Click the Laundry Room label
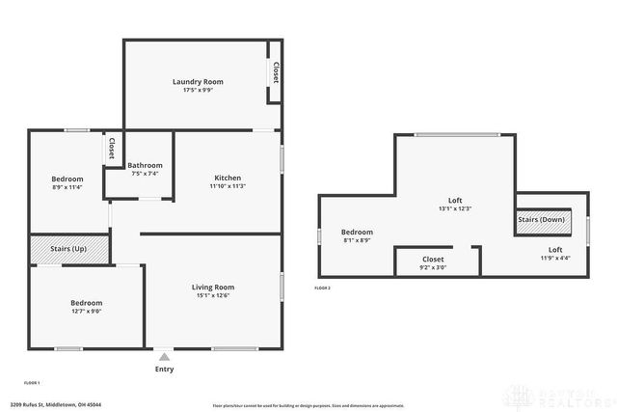(198, 81)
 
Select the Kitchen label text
(228, 178)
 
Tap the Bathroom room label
(146, 165)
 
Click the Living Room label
(212, 287)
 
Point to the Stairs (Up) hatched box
(69, 249)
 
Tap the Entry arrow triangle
(165, 355)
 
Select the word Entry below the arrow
(165, 369)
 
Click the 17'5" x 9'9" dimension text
(198, 90)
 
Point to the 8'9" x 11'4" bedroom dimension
(67, 187)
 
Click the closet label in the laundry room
(276, 72)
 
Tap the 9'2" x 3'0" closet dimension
(434, 267)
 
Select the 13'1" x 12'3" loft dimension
(455, 208)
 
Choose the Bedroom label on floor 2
(357, 232)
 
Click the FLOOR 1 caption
(32, 383)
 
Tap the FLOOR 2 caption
(323, 288)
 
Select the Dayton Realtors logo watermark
(559, 396)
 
